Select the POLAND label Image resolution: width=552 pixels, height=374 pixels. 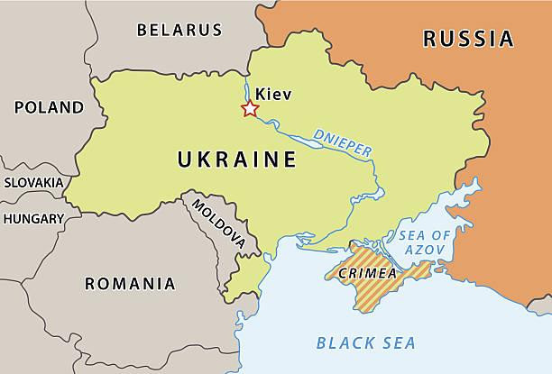click(49, 107)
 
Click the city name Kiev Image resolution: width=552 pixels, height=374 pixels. click(274, 93)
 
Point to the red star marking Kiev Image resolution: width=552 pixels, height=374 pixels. click(250, 109)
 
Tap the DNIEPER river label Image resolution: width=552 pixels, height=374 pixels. click(343, 142)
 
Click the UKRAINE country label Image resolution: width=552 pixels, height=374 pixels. click(237, 160)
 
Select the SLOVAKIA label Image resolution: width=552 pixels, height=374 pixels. click(33, 182)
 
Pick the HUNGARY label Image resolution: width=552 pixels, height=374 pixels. click(33, 218)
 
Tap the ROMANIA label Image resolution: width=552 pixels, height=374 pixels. click(130, 284)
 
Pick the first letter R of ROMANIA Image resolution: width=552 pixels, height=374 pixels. click(90, 284)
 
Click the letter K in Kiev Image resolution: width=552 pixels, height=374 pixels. click(262, 93)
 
